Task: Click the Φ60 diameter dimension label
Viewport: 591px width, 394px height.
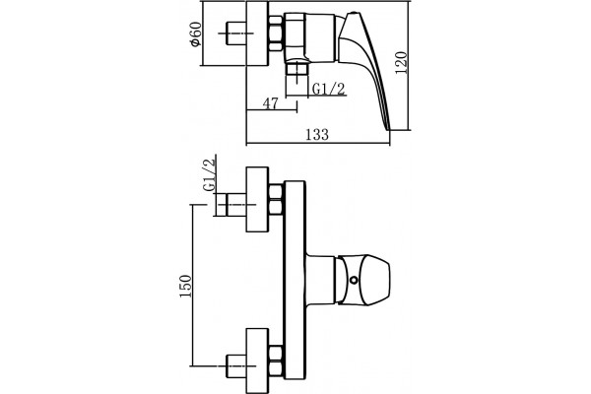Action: [x=196, y=33]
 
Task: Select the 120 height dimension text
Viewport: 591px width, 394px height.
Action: [x=402, y=62]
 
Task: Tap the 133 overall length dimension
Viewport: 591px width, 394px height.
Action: [x=317, y=134]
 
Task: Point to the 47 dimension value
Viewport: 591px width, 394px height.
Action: [x=271, y=102]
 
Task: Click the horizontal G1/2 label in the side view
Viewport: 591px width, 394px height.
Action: [x=329, y=89]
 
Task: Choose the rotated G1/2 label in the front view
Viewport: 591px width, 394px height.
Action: [x=209, y=175]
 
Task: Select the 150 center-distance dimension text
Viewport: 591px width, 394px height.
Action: [x=185, y=286]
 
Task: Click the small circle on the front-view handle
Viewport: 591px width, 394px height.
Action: [x=354, y=281]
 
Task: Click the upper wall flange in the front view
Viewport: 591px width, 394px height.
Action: [x=257, y=199]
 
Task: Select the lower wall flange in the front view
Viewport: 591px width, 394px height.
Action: [x=257, y=361]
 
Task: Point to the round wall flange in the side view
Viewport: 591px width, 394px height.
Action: [x=257, y=33]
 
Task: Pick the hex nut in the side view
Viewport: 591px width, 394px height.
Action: [x=276, y=33]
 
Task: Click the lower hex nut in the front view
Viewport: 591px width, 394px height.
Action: [x=276, y=361]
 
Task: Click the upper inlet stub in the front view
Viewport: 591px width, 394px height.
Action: [x=230, y=205]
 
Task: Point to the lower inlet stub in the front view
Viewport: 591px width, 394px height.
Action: [x=235, y=366]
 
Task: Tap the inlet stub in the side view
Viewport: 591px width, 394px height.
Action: [x=235, y=33]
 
